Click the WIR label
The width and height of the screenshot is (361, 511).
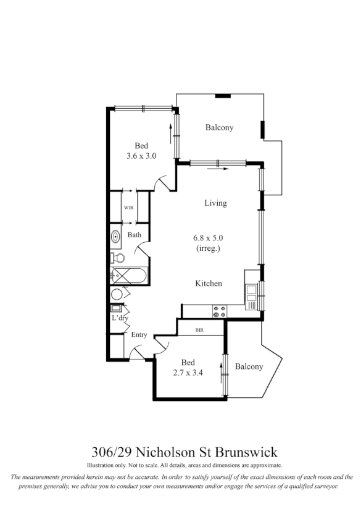(x=128, y=208)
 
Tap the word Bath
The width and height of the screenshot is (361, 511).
(x=135, y=235)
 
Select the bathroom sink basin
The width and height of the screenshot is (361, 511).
(x=116, y=236)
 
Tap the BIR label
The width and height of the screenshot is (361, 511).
(x=199, y=330)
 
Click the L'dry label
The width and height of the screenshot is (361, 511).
(x=119, y=318)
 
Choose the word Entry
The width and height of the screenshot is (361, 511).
(x=139, y=335)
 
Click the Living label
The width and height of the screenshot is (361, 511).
(x=215, y=203)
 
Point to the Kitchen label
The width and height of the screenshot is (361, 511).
(x=209, y=284)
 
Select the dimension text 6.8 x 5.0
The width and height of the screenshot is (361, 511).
(x=207, y=238)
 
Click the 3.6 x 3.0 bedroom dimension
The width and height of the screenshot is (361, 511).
(x=141, y=156)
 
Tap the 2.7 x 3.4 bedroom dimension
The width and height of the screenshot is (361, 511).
(x=188, y=373)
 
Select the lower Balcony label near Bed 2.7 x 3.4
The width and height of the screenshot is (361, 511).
(x=249, y=366)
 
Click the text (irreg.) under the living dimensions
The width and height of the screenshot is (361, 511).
(x=207, y=248)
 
